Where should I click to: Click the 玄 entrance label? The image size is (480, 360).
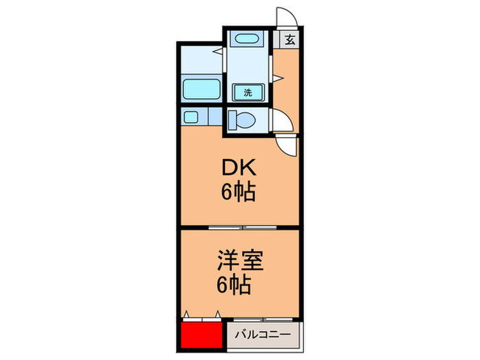(x=289, y=40)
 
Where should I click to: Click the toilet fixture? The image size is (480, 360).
(x=243, y=120)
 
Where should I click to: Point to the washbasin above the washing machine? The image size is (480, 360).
(x=244, y=40)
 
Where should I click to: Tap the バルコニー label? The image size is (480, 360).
(x=264, y=335)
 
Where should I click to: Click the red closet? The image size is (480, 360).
(x=203, y=335)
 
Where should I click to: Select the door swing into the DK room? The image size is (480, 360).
(x=288, y=144)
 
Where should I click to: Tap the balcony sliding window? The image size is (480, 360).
(x=263, y=320)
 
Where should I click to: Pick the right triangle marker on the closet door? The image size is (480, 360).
(x=218, y=315)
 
